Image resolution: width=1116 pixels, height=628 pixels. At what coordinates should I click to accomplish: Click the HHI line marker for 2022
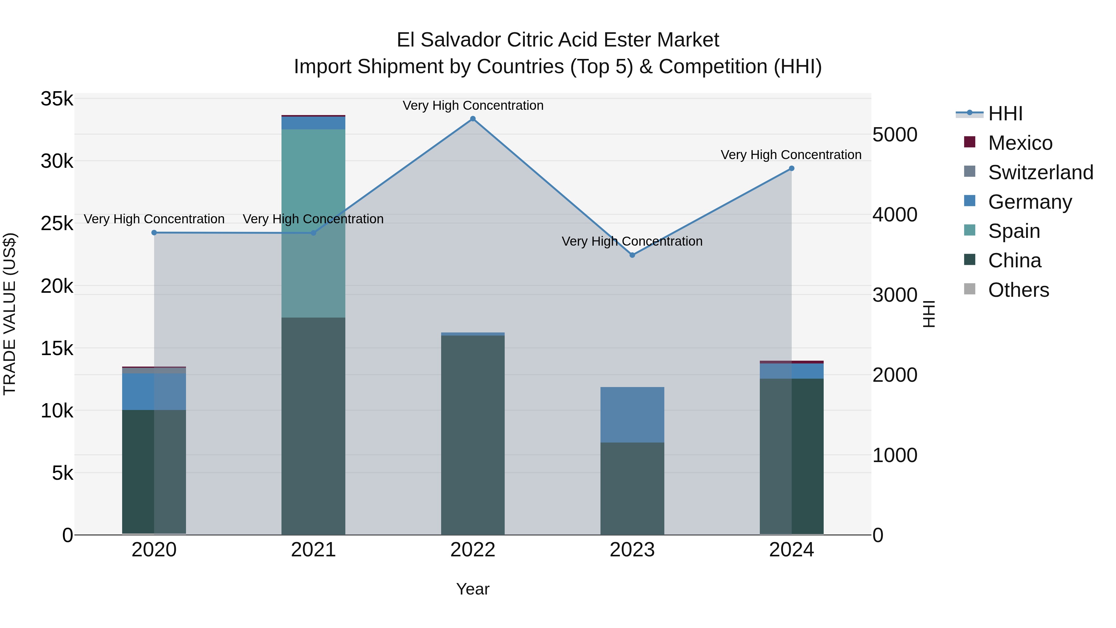click(473, 119)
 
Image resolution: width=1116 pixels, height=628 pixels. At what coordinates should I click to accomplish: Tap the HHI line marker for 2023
click(632, 255)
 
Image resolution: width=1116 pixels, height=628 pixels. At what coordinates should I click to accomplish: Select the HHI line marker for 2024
click(791, 169)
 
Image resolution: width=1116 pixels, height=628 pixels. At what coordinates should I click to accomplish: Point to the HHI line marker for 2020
click(154, 233)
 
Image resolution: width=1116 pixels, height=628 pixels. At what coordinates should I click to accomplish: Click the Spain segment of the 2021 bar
click(313, 223)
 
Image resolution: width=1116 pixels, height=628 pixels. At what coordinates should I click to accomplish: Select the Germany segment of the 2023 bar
click(632, 414)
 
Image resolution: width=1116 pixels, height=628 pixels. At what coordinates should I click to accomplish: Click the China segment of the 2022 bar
click(473, 435)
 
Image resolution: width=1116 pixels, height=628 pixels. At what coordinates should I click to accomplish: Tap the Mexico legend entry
click(1020, 143)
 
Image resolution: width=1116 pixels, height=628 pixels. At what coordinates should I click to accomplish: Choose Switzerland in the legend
click(1040, 172)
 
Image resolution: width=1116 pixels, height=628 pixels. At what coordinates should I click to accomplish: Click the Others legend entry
click(1018, 290)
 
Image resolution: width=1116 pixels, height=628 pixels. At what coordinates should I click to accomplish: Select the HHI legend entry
click(1005, 114)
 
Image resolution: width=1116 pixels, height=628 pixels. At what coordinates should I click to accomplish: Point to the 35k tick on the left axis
click(57, 99)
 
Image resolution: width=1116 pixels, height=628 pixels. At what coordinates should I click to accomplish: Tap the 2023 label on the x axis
click(632, 550)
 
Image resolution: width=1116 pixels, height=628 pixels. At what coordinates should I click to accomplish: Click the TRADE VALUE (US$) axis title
click(10, 314)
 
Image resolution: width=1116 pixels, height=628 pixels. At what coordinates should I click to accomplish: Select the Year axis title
click(473, 589)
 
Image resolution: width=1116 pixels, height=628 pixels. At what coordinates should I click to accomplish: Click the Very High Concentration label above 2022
click(473, 106)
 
